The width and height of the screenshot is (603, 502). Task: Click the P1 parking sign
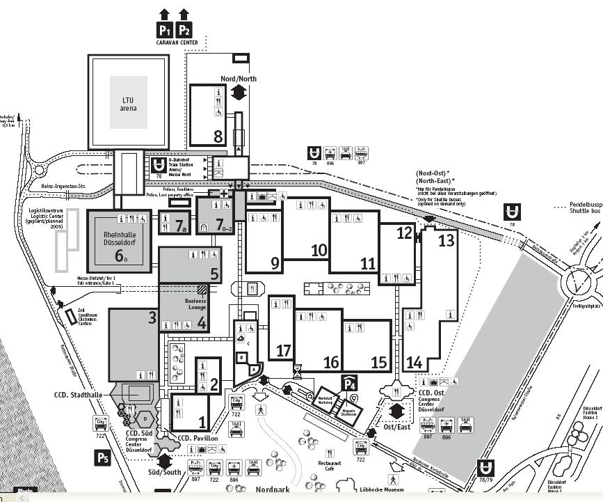coord(165,30)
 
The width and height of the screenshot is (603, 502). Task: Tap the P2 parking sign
coord(184,30)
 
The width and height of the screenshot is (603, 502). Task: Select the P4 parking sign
coord(349,382)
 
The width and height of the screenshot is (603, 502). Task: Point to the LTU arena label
coord(129,104)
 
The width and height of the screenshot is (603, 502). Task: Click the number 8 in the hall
coord(218,136)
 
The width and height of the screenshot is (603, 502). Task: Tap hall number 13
coord(446,241)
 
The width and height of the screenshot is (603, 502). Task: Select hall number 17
coord(283,350)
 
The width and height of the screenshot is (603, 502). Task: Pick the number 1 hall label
coord(202,421)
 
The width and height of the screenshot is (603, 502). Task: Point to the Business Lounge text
coord(196,305)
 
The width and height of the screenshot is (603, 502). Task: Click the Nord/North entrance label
coord(239,79)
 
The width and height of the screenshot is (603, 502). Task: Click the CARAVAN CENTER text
coord(177,43)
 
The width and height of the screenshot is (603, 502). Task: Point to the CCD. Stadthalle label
coord(79,395)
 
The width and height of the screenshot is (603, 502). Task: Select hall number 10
coord(319,250)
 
